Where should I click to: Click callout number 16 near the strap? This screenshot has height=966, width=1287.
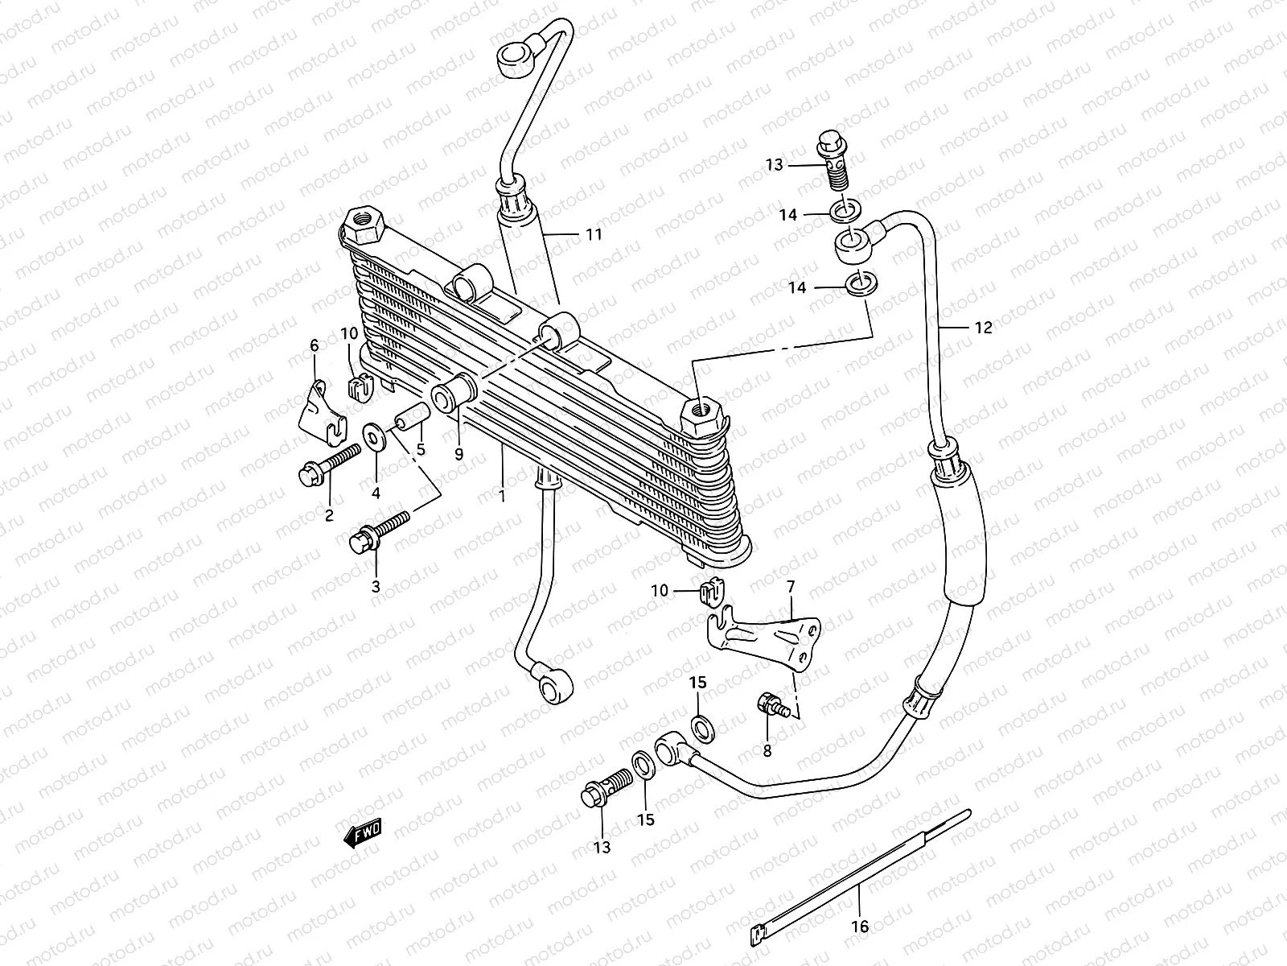pos(860,927)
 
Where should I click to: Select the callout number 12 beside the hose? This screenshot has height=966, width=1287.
pos(983,328)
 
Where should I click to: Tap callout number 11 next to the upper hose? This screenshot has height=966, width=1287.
pos(594,235)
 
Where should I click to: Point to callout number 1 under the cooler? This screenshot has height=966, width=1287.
pos(502,497)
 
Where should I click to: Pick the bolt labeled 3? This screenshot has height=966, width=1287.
pos(378,532)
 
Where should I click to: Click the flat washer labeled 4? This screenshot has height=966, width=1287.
pos(374,436)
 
